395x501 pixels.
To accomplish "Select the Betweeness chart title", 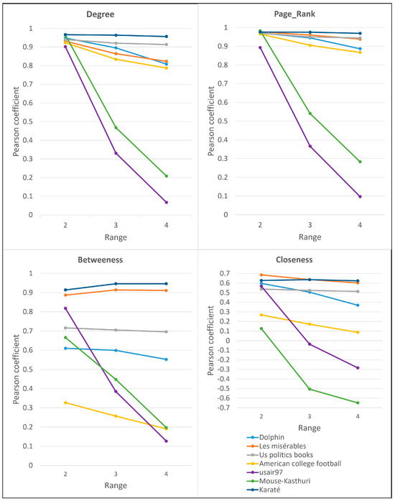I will (x=108, y=259).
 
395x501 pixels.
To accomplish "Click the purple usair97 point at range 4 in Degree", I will (x=166, y=202).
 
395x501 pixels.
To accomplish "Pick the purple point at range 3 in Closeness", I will (x=310, y=344).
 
